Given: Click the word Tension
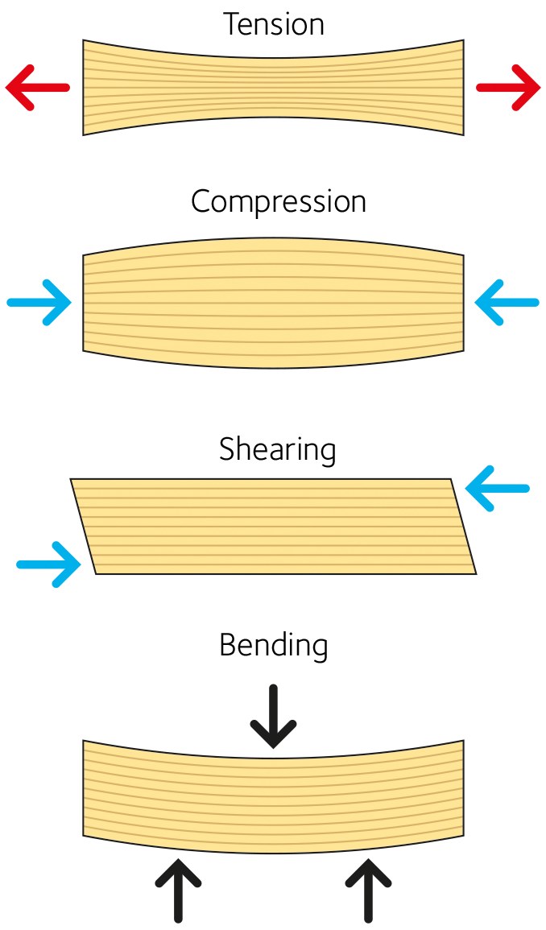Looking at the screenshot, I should tap(274, 25).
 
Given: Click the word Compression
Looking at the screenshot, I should tap(278, 201).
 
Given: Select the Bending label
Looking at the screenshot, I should tap(274, 646).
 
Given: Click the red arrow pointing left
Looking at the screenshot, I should tap(37, 87).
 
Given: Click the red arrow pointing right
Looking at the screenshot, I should tap(508, 87).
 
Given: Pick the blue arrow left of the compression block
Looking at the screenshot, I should tap(39, 303).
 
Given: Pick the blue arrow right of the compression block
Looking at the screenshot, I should tap(506, 303).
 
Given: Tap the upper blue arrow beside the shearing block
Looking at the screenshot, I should tap(498, 488).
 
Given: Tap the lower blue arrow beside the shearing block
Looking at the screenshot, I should tap(49, 564).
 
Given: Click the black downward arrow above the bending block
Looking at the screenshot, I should tap(274, 716).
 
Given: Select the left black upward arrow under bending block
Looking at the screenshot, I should tap(178, 889).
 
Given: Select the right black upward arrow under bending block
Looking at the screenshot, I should tap(369, 889).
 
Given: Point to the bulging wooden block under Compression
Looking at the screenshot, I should tap(274, 303).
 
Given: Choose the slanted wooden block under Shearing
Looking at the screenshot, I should tap(274, 526).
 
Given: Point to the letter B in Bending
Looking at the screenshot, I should tap(228, 646).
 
